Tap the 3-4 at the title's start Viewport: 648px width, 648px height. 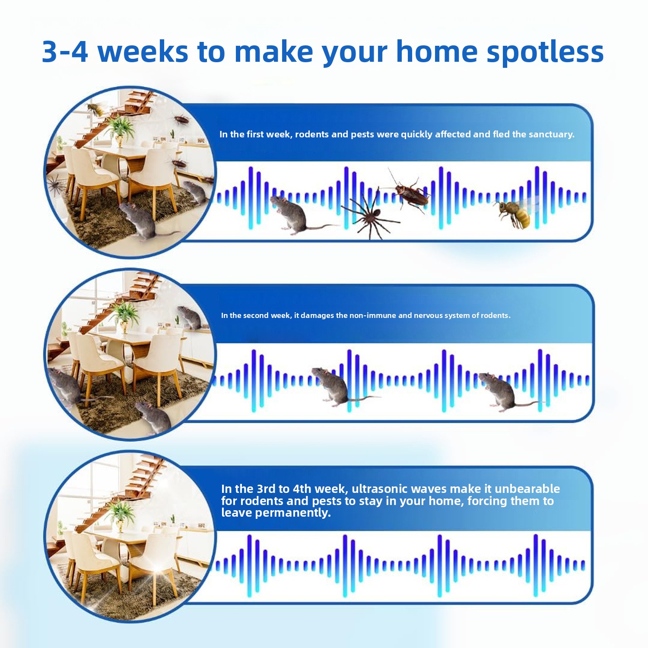[65, 52]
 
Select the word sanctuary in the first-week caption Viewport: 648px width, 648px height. [552, 134]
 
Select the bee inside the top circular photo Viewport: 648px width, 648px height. [96, 109]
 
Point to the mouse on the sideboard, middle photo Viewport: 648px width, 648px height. [190, 317]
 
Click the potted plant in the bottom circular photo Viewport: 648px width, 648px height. [120, 514]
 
